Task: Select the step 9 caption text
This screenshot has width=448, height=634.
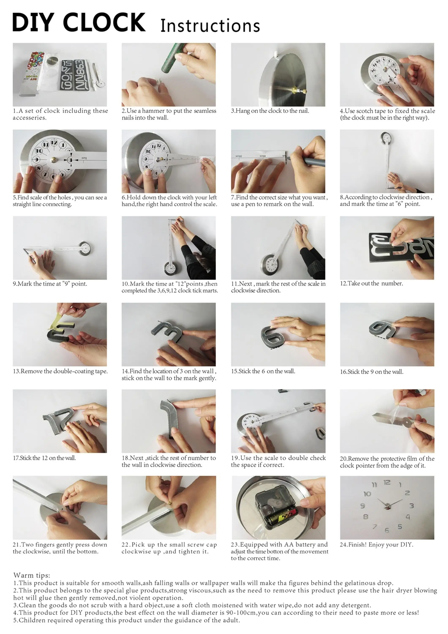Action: coord(50,284)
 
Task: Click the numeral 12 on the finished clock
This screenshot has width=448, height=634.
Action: coord(387,482)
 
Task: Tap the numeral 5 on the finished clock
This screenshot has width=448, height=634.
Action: coord(400,527)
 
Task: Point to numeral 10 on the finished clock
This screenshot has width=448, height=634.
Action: coord(367,494)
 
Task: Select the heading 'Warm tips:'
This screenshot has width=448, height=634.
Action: coord(32,575)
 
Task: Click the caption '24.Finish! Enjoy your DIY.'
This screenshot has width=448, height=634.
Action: coord(377,545)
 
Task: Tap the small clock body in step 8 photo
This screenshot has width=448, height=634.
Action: coord(386,138)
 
